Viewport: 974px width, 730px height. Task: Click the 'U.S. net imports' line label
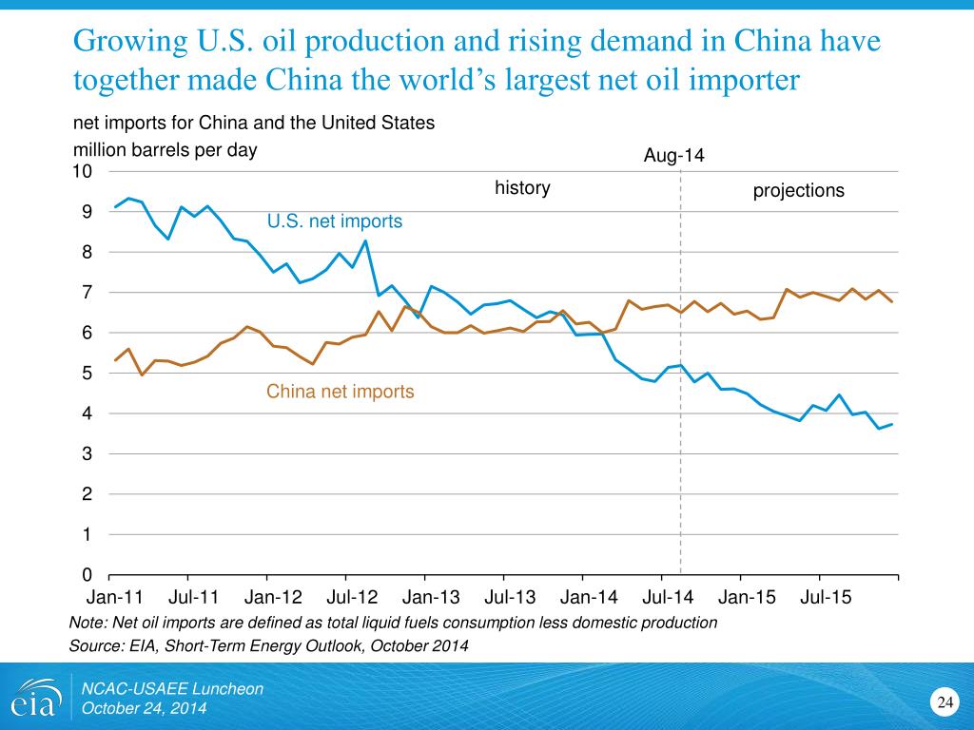(x=335, y=221)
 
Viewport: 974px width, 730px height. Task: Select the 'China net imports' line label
(x=341, y=392)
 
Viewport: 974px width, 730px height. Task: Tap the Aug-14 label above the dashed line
(x=674, y=155)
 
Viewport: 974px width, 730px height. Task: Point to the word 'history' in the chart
(x=522, y=188)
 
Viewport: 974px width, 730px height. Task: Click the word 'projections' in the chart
(x=798, y=191)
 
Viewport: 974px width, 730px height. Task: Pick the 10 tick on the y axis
(x=83, y=171)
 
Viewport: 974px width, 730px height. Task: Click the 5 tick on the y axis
(x=87, y=374)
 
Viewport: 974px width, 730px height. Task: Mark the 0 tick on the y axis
(x=87, y=575)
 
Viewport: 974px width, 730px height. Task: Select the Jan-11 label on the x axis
(x=114, y=598)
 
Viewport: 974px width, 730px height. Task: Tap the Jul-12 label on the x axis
(x=352, y=598)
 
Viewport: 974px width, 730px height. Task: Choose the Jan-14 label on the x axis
(x=589, y=598)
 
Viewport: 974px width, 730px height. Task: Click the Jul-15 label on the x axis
(x=826, y=598)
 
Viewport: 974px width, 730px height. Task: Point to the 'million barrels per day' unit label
(x=166, y=150)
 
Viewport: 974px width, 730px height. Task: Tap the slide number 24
(x=945, y=702)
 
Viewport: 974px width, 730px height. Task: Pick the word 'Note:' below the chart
(x=88, y=623)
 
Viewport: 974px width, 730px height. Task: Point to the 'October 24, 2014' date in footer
(x=144, y=709)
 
